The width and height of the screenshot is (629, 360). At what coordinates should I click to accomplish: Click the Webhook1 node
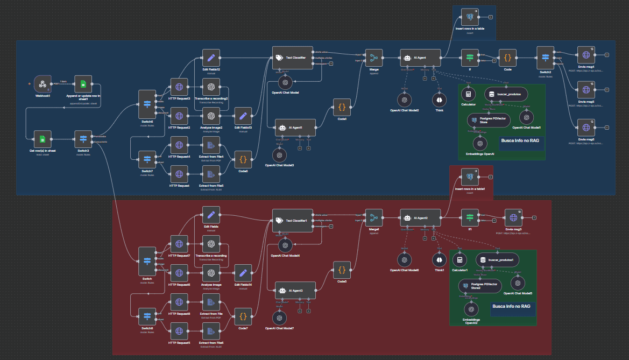(x=42, y=84)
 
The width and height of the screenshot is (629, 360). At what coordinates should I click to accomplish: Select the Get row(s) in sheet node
(x=42, y=139)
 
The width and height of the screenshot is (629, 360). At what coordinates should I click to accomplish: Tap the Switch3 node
(x=83, y=139)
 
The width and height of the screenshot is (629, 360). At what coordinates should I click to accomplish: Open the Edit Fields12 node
(x=211, y=58)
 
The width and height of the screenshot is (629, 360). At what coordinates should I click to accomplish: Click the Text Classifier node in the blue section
(x=292, y=58)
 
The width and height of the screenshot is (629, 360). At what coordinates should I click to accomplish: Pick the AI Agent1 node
(x=294, y=128)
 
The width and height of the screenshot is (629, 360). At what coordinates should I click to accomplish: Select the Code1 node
(x=341, y=107)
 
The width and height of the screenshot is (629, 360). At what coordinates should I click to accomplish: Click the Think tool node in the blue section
(x=439, y=100)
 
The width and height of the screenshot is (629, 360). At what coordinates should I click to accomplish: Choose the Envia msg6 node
(x=585, y=127)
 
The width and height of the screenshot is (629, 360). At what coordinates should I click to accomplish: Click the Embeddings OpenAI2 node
(x=471, y=309)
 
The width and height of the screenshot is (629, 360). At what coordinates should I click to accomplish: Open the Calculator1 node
(x=458, y=260)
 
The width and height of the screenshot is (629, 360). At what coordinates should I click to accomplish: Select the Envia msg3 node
(x=513, y=217)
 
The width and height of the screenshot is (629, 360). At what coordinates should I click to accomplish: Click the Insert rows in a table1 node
(x=470, y=176)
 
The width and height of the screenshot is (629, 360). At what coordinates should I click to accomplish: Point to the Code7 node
(x=243, y=316)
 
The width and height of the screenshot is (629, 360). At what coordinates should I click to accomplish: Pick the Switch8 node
(x=147, y=316)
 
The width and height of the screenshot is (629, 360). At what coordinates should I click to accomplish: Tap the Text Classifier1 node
(x=292, y=221)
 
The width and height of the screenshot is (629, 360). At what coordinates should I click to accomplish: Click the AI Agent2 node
(x=420, y=217)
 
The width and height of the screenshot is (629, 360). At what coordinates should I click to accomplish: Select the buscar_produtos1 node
(x=497, y=260)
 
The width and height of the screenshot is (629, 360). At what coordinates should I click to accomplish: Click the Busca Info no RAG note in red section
(x=511, y=307)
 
